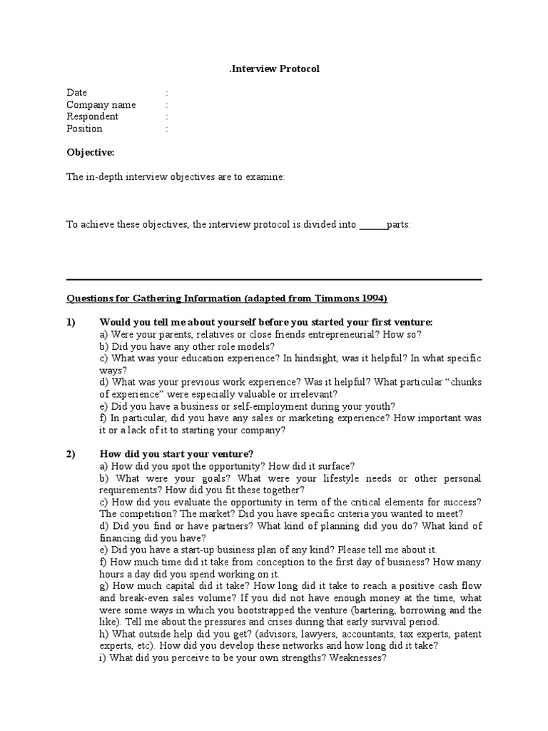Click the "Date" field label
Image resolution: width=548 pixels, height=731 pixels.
pyautogui.click(x=77, y=93)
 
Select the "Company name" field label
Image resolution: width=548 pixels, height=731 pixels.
pyautogui.click(x=101, y=105)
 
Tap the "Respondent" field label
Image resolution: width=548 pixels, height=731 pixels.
pyautogui.click(x=93, y=116)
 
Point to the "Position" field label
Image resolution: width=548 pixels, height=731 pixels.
pyautogui.click(x=84, y=128)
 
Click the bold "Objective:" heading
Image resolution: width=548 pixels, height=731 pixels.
pyautogui.click(x=90, y=153)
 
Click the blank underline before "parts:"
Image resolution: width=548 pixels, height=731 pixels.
pyautogui.click(x=372, y=225)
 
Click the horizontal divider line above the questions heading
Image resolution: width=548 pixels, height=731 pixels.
pyautogui.click(x=274, y=279)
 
